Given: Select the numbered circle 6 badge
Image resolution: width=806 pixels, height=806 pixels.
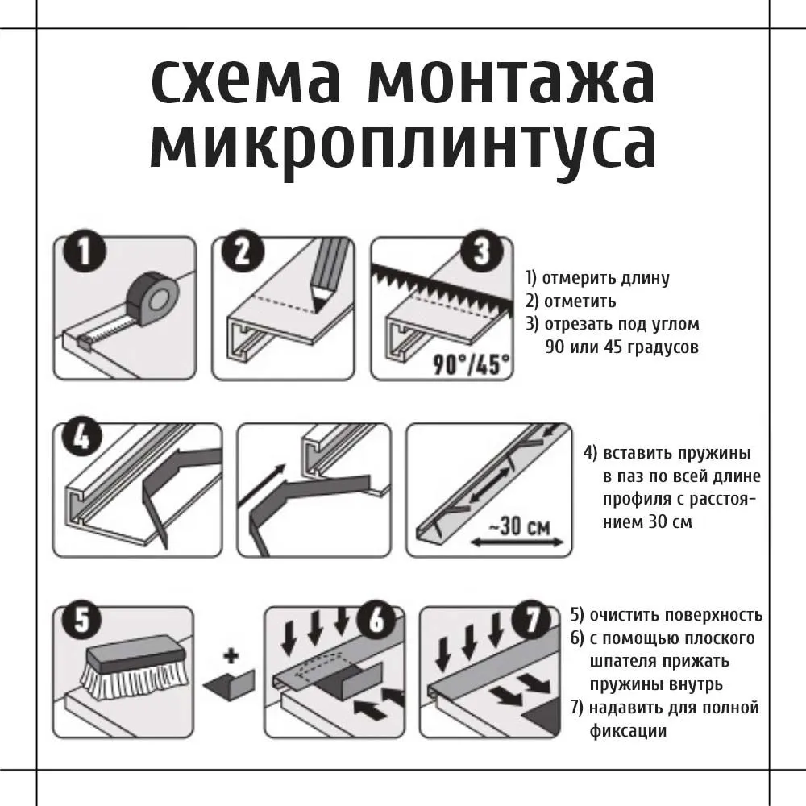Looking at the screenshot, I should (377, 623).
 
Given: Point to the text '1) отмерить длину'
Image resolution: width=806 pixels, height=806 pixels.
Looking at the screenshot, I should (596, 279).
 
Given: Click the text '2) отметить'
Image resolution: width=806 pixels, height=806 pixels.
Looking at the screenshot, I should (570, 301).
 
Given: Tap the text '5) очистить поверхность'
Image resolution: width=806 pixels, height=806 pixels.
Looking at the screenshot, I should (666, 615).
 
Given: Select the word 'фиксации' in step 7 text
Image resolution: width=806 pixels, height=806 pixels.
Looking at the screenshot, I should (628, 731).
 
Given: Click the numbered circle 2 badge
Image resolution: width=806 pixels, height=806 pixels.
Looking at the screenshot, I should (240, 255).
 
